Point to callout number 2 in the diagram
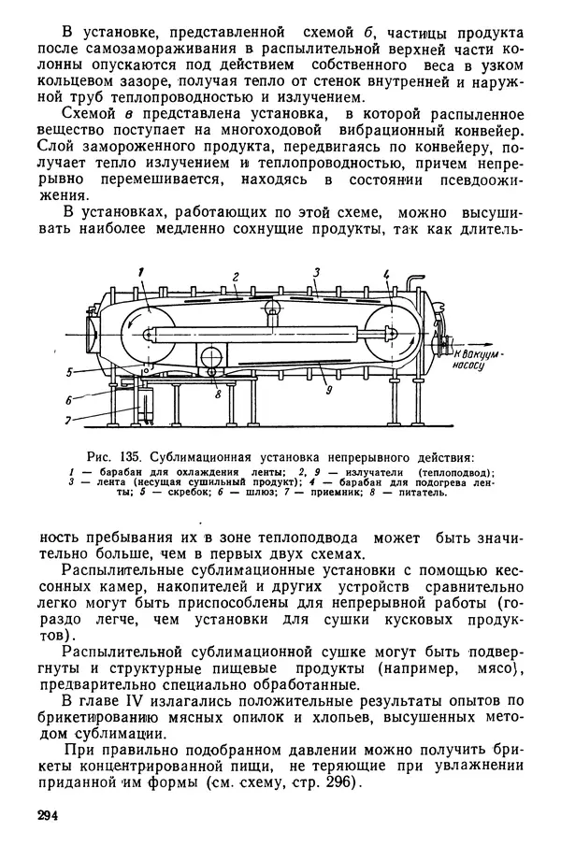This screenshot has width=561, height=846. pos(237,276)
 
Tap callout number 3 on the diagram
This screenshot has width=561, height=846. pos(317,272)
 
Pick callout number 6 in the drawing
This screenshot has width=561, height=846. pos(68,398)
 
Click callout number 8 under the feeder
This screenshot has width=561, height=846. pos(217,394)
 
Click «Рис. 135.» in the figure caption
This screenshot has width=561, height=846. pos(112,457)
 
